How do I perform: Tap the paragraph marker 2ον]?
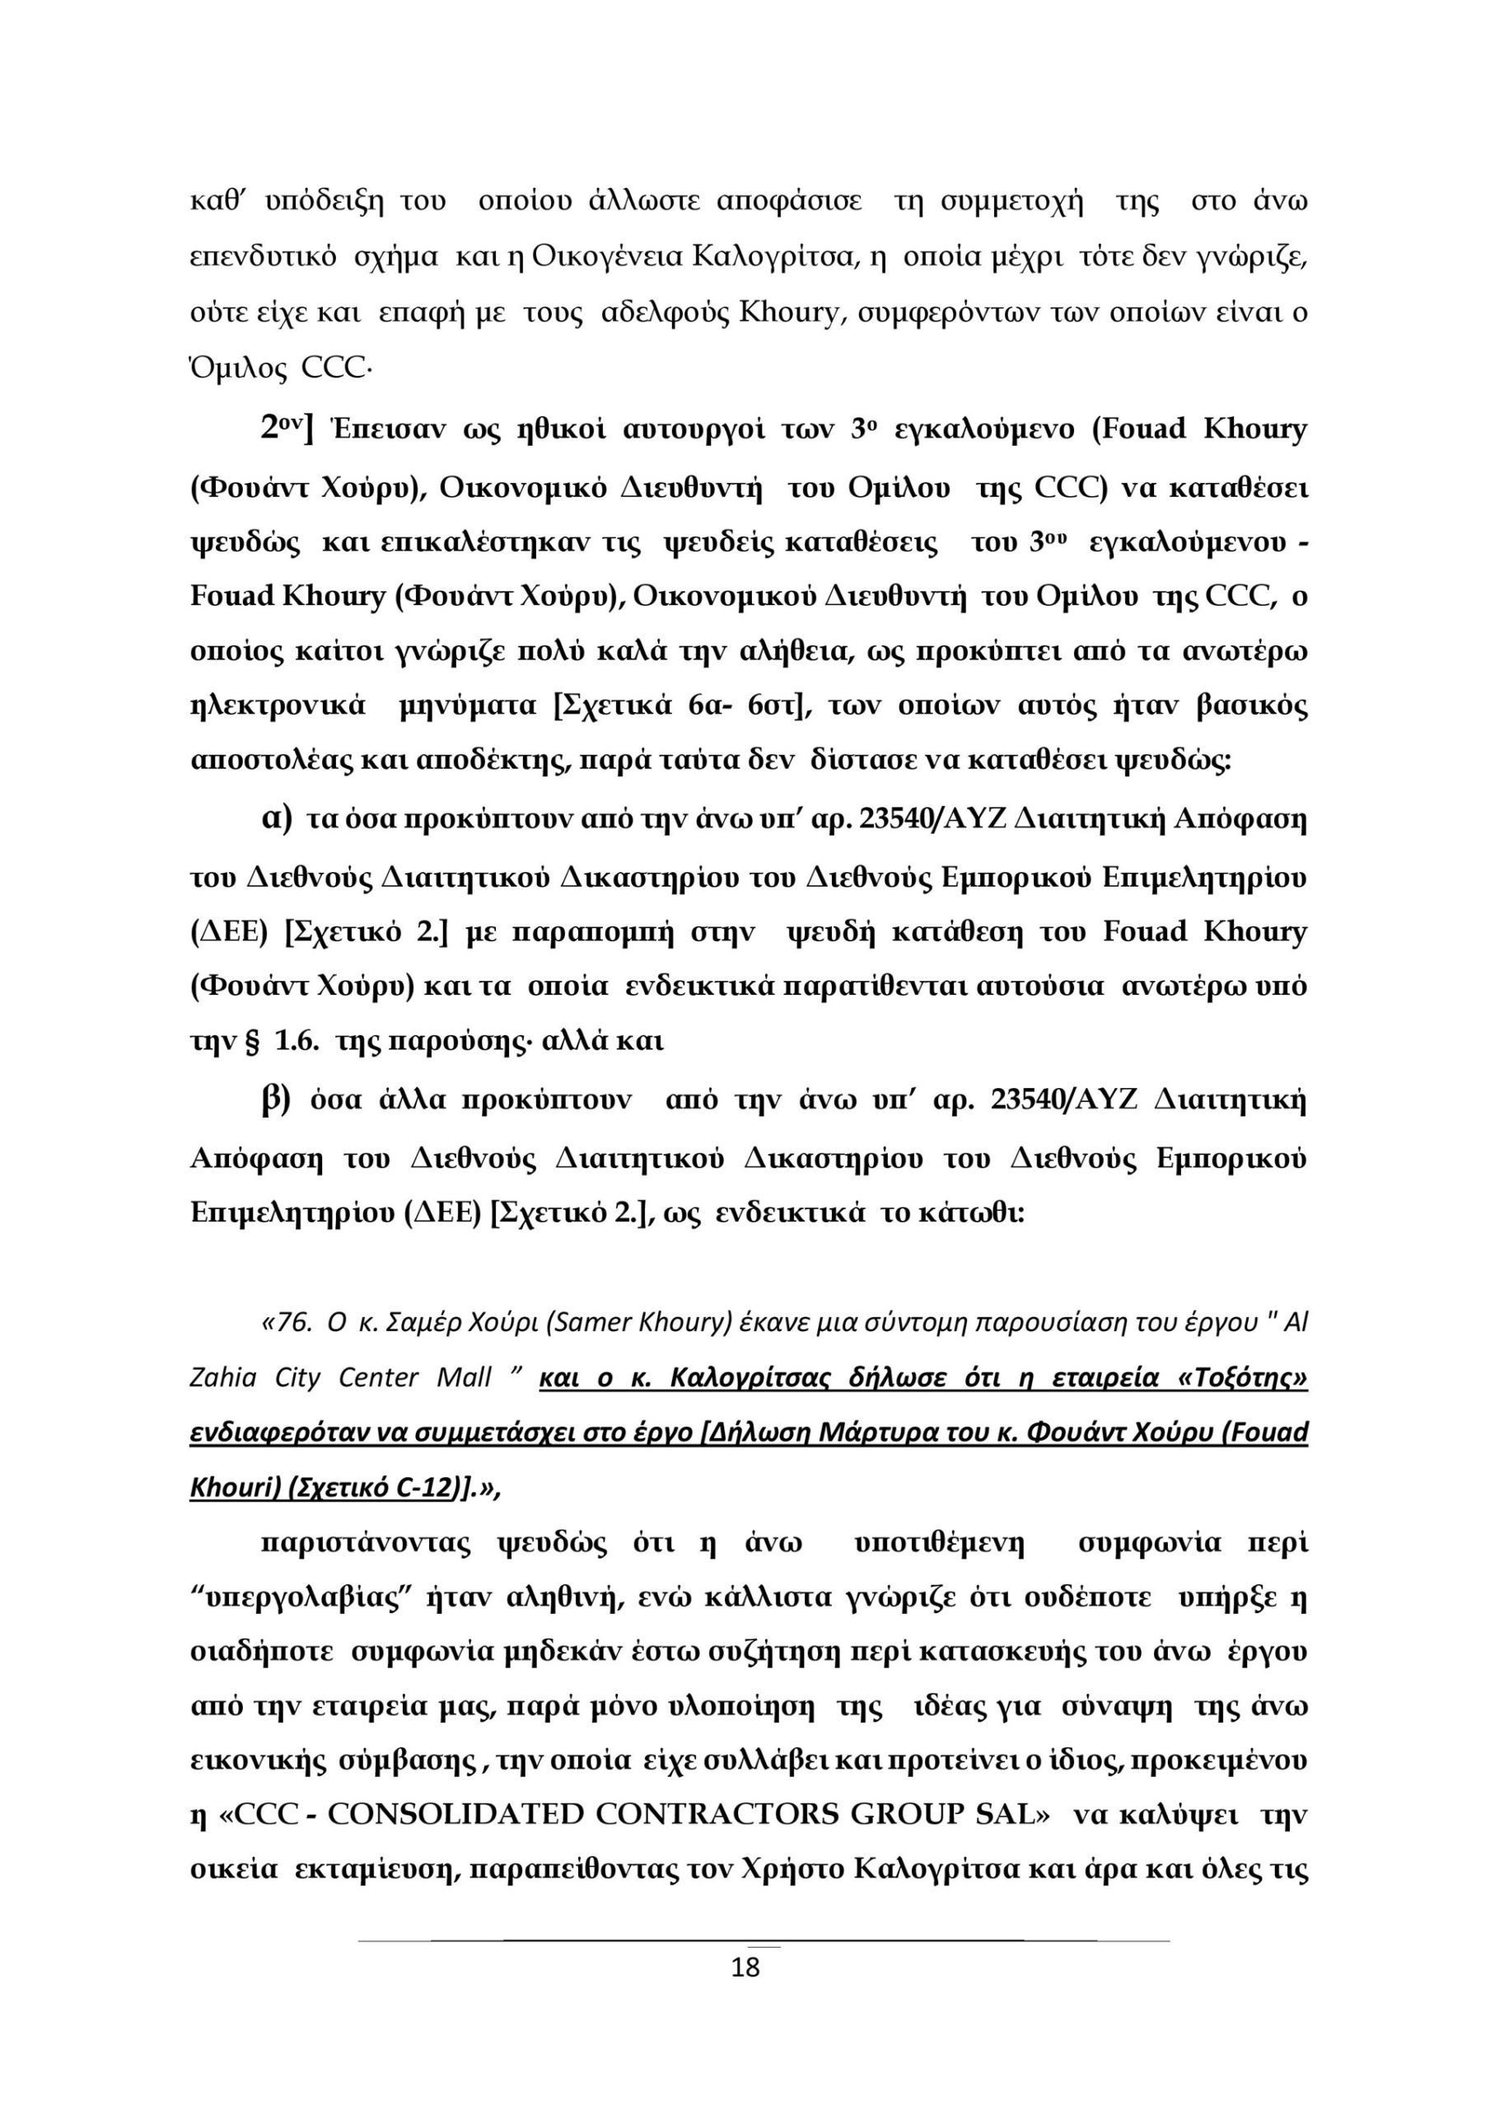(x=287, y=429)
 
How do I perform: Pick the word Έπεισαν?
(x=381, y=429)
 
